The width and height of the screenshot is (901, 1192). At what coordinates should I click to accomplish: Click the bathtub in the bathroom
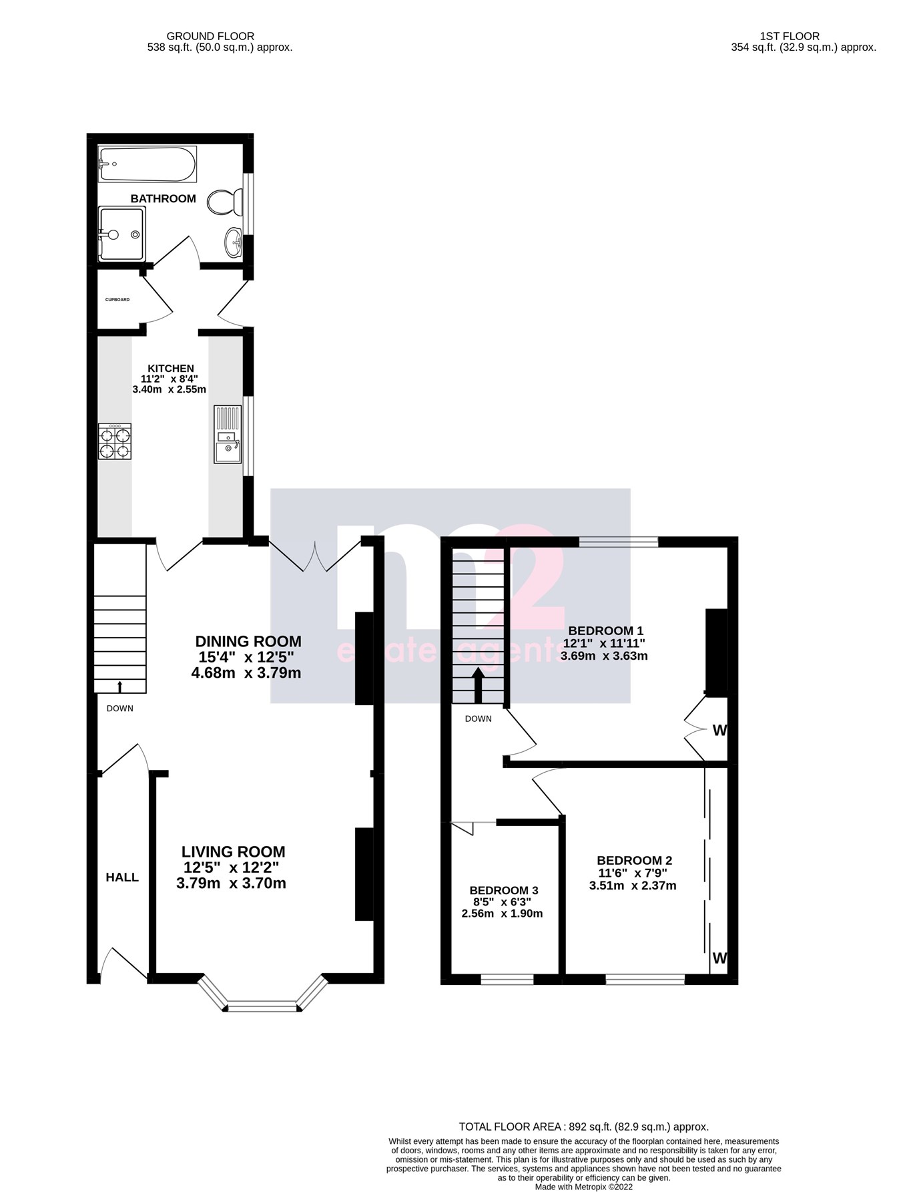[147, 164]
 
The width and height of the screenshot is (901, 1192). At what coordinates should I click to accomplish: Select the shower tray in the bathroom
[121, 234]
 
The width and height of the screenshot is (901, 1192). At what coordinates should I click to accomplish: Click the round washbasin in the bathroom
[234, 241]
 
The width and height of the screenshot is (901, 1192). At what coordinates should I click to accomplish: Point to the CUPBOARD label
[117, 300]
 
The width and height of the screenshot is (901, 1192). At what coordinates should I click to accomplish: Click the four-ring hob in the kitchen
[115, 441]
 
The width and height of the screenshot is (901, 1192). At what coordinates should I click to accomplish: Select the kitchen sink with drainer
[227, 434]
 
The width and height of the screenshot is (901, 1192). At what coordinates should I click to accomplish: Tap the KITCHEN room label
[171, 369]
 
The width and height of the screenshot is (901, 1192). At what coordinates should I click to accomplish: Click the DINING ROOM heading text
[248, 642]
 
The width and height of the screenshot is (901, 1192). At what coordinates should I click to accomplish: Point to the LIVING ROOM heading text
[233, 852]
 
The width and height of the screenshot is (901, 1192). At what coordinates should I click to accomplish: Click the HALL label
[122, 877]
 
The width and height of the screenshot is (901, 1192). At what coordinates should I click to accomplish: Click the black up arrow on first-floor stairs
[478, 685]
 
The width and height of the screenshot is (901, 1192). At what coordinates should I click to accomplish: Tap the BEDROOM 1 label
[605, 631]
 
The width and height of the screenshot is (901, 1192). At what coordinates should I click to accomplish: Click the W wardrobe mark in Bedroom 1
[719, 731]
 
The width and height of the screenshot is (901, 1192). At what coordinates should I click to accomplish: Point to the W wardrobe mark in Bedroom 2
[719, 958]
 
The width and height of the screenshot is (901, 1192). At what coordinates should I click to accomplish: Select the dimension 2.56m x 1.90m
[502, 914]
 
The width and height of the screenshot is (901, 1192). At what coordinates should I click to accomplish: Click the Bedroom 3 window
[507, 980]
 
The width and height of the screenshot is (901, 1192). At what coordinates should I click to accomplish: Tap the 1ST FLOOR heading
[789, 36]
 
